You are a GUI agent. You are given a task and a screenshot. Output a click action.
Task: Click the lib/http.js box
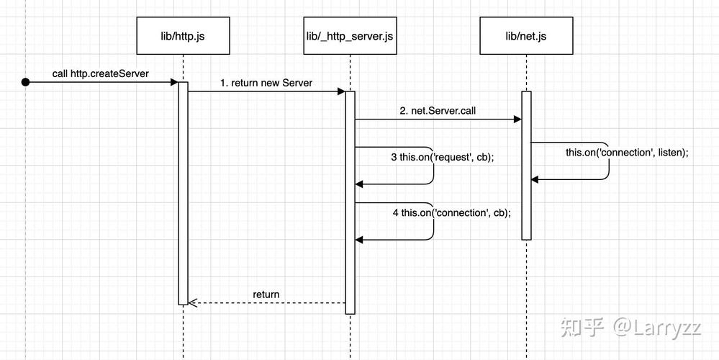(183, 35)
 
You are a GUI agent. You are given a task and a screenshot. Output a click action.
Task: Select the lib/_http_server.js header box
(350, 35)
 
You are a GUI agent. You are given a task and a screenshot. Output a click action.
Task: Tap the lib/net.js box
(525, 35)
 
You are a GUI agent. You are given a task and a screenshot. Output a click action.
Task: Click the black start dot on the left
(26, 83)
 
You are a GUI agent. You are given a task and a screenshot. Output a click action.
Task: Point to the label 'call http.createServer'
(100, 74)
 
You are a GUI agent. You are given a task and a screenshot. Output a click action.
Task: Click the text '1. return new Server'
(266, 83)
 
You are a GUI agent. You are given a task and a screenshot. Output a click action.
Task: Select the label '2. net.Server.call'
(438, 112)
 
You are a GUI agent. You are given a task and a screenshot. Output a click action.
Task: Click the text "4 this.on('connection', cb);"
(451, 212)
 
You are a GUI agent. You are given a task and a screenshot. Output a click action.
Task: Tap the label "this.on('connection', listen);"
(627, 152)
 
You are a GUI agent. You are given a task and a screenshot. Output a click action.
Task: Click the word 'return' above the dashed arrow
(266, 294)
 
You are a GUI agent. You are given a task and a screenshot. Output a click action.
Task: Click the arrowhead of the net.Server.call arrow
(517, 120)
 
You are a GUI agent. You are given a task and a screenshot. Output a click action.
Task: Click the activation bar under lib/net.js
(526, 166)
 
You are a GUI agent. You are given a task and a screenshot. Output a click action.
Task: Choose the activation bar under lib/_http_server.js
(351, 202)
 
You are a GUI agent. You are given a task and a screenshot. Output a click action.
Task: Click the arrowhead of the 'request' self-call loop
(360, 184)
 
